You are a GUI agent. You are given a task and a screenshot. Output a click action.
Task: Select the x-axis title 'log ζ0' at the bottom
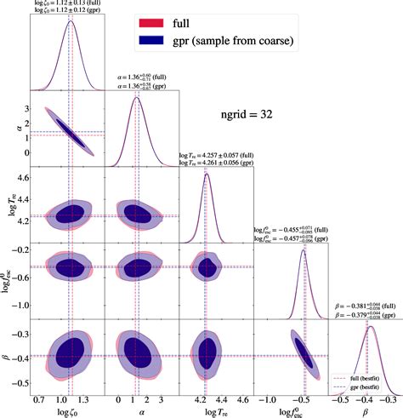[x=67, y=410]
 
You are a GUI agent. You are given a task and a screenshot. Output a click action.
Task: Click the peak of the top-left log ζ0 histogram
[x=68, y=18]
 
